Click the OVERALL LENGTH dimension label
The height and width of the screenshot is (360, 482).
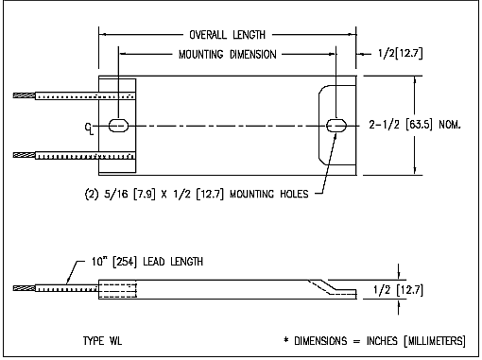pyautogui.click(x=227, y=35)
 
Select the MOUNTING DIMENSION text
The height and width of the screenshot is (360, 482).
pyautogui.click(x=227, y=55)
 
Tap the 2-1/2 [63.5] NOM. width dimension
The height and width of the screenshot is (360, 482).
pyautogui.click(x=415, y=125)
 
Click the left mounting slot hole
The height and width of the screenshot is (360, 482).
pyautogui.click(x=118, y=126)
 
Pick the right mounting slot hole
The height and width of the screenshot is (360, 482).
pyautogui.click(x=336, y=126)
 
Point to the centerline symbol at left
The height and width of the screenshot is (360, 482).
pyautogui.click(x=89, y=129)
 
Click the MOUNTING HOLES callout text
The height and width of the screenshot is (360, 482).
pyautogui.click(x=269, y=194)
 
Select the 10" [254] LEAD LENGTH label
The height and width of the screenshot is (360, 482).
pyautogui.click(x=147, y=262)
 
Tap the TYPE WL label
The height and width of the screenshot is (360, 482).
pyautogui.click(x=102, y=341)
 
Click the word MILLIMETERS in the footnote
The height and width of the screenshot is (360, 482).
pyautogui.click(x=435, y=341)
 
